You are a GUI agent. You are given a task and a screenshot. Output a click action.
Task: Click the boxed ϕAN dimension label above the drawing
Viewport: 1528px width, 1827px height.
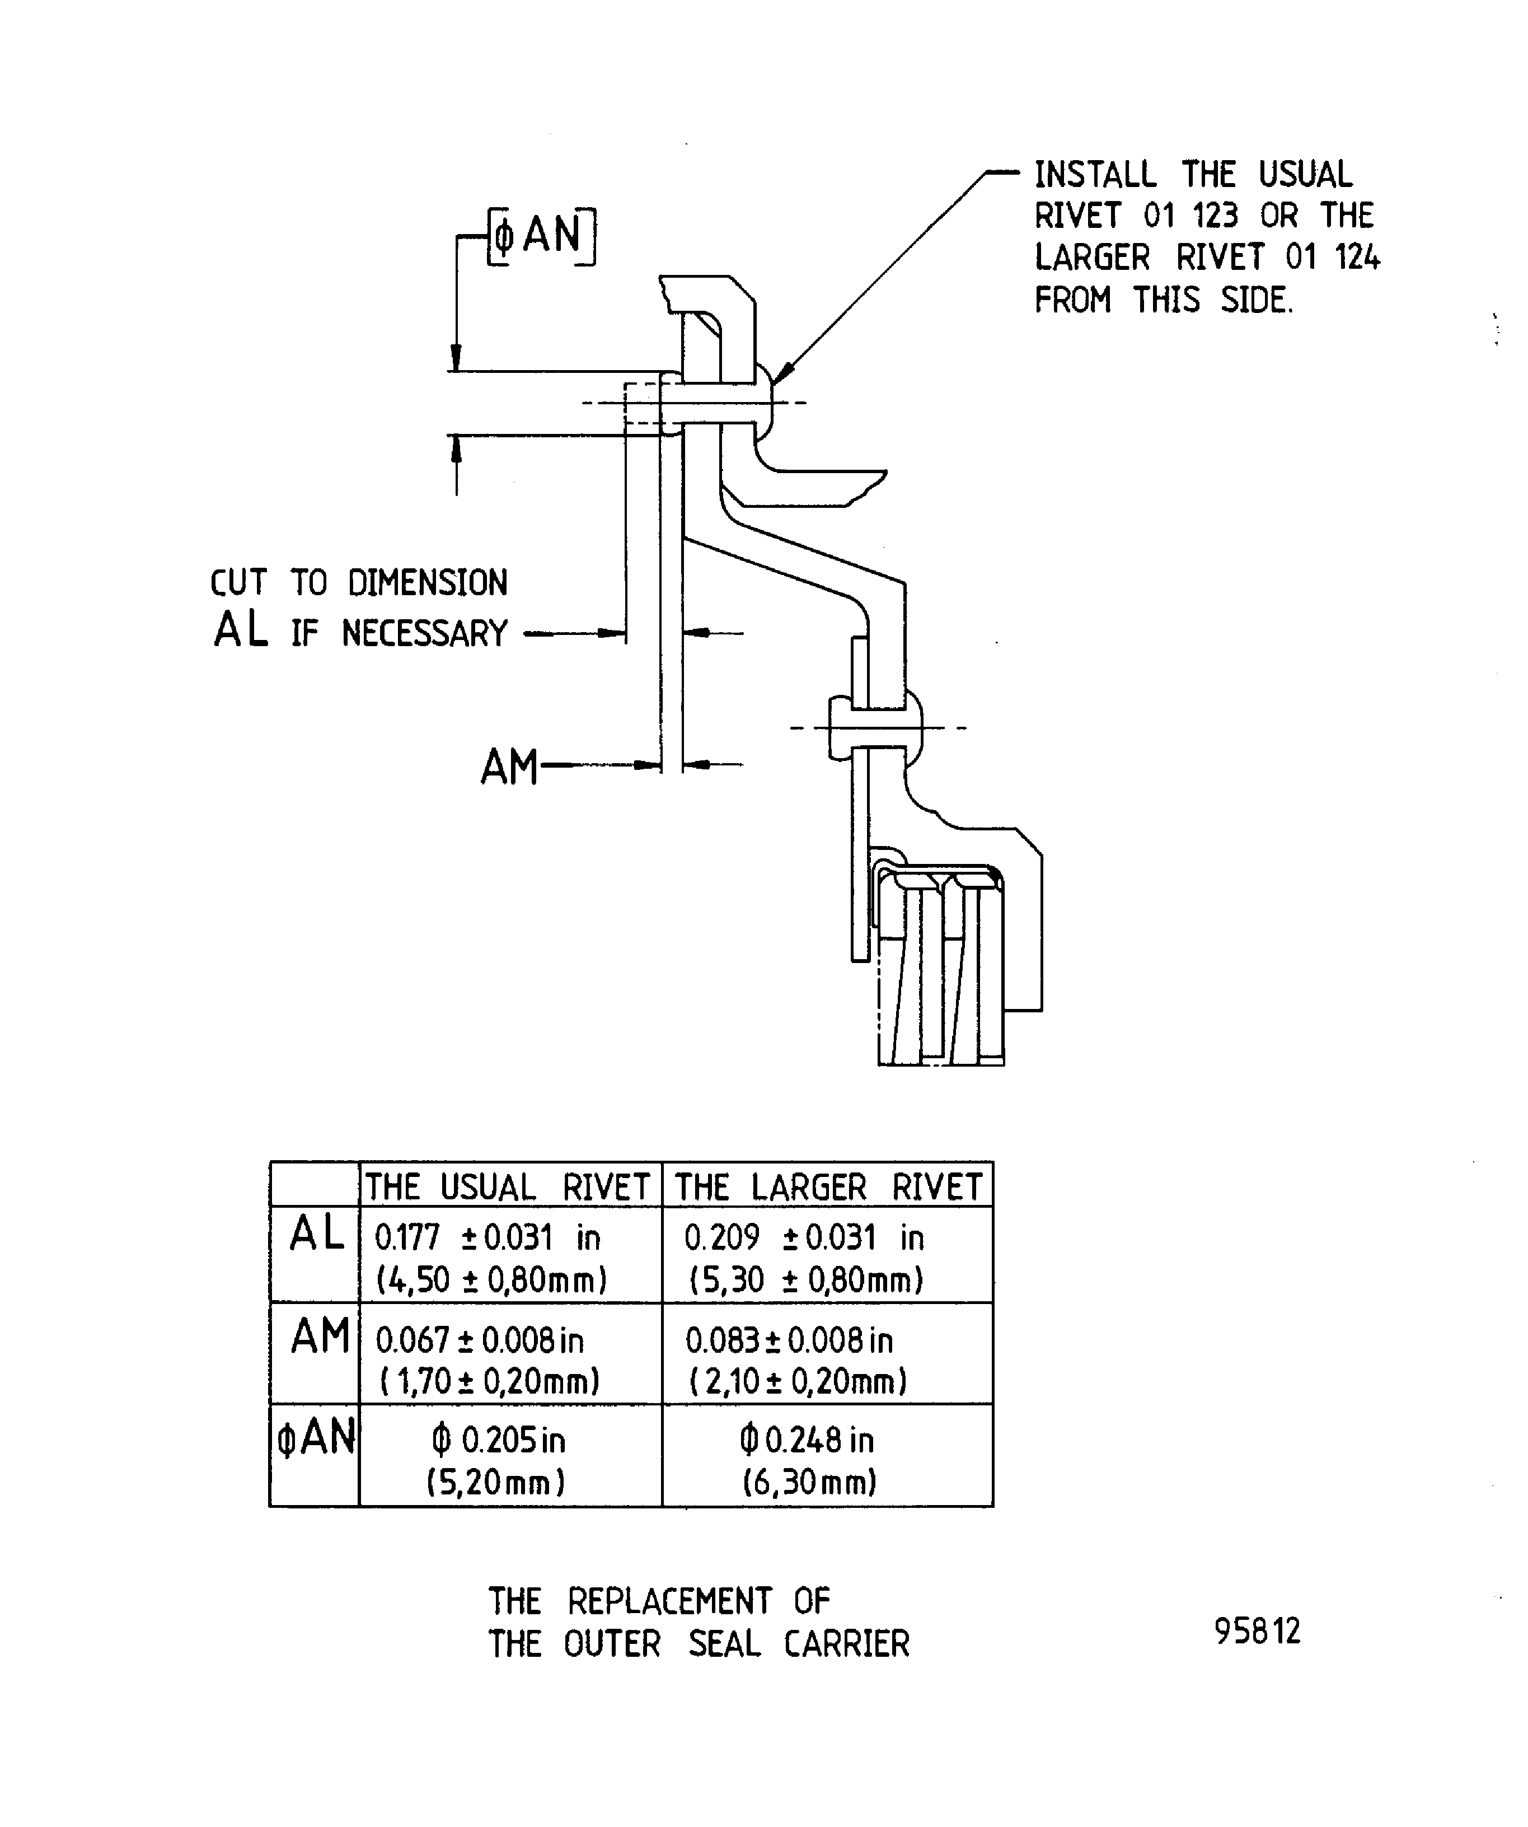pos(541,235)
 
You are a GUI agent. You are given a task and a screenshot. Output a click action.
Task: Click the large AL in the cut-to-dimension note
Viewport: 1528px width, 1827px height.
pos(241,630)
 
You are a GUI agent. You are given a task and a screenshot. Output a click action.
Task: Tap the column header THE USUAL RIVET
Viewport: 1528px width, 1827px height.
pos(508,1186)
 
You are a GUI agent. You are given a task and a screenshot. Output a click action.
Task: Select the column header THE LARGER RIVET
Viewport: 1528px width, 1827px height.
pos(828,1186)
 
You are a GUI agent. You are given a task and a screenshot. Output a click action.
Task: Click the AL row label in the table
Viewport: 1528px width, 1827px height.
pos(317,1233)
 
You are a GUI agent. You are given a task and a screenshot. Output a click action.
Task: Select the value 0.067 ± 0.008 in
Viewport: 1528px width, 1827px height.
pos(479,1340)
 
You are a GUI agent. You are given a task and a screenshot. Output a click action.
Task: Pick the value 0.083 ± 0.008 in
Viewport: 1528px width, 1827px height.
pos(789,1340)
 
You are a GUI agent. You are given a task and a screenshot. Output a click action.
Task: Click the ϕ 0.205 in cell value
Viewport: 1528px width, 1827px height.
pos(498,1441)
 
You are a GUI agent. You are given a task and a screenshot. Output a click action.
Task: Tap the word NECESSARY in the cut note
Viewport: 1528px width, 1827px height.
pos(424,633)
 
